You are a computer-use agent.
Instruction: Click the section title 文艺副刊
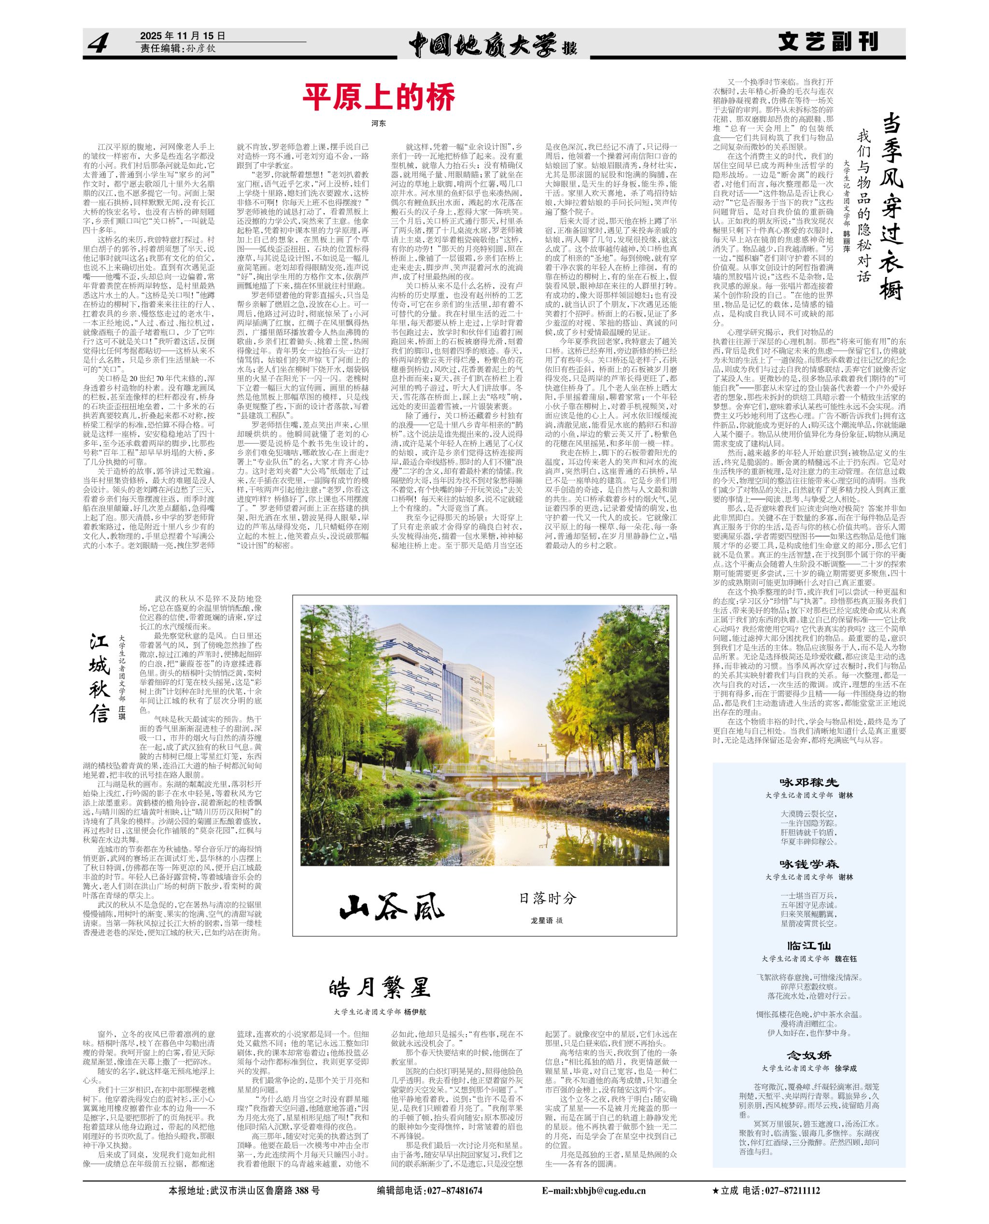pyautogui.click(x=828, y=42)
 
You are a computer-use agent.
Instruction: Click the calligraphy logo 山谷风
pyautogui.click(x=392, y=907)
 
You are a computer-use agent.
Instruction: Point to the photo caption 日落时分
pyautogui.click(x=548, y=898)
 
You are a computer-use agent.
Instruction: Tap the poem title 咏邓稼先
pyautogui.click(x=809, y=782)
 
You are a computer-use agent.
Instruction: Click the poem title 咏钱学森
pyautogui.click(x=809, y=864)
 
